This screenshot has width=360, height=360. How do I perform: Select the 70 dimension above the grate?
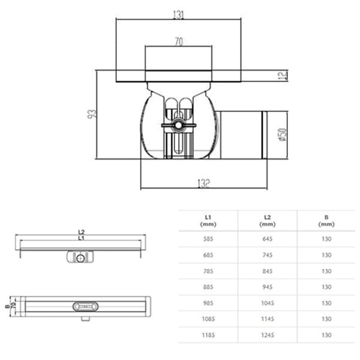coord(178,42)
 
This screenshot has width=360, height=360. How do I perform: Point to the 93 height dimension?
coord(92,114)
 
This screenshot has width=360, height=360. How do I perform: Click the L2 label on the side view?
coord(81,232)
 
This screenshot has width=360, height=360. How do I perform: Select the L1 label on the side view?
coord(81,238)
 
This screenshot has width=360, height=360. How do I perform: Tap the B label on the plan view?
coord(5,305)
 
